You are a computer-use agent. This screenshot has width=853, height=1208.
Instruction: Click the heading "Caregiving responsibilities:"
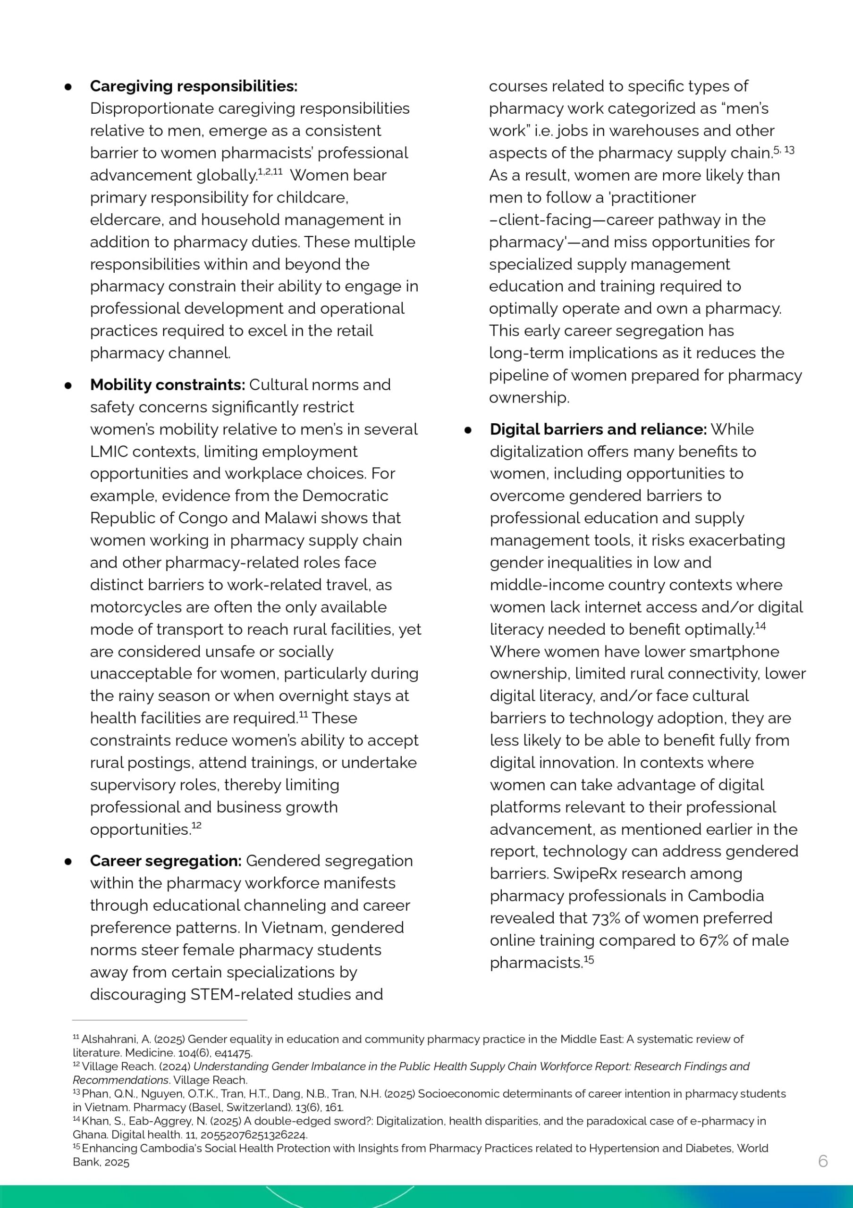click(x=193, y=86)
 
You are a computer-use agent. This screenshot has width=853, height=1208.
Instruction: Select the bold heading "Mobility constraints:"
click(x=167, y=385)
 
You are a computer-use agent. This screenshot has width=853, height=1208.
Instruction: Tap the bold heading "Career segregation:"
click(x=165, y=861)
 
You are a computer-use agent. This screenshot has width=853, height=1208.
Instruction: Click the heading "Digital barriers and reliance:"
click(x=598, y=429)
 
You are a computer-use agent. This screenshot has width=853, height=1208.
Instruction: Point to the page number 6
click(x=823, y=1161)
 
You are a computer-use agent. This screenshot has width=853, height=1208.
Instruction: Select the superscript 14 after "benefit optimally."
click(x=760, y=626)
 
